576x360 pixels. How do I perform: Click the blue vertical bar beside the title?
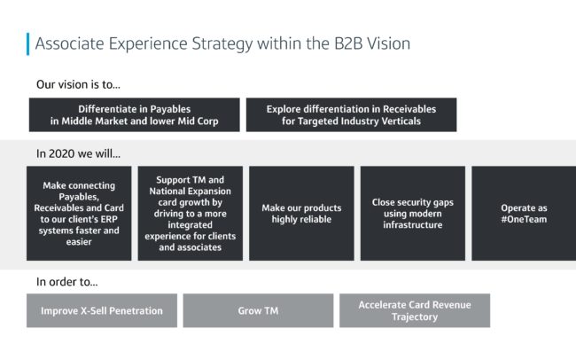(x=28, y=44)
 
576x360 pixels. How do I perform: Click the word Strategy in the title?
(x=222, y=44)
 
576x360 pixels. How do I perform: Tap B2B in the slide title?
(x=348, y=43)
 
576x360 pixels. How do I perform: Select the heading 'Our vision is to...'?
(x=78, y=84)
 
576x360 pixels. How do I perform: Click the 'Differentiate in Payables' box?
(x=135, y=114)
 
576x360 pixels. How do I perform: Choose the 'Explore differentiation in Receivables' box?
(x=351, y=114)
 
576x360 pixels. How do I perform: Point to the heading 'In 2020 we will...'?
(x=78, y=153)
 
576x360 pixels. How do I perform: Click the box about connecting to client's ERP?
(x=79, y=214)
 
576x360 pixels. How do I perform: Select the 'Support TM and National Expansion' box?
(x=191, y=214)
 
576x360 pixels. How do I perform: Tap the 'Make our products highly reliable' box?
(x=301, y=214)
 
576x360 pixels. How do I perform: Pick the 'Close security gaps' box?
(x=413, y=214)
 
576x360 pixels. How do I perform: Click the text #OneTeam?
(x=525, y=219)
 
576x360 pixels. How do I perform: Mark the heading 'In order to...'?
(x=66, y=282)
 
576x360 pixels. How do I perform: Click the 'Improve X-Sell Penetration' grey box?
(x=102, y=310)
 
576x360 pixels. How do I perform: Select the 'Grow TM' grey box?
(x=258, y=310)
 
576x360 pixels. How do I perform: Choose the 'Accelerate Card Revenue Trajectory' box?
(x=415, y=310)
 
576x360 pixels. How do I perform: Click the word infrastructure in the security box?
(x=413, y=224)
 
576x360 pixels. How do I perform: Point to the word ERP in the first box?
(x=109, y=219)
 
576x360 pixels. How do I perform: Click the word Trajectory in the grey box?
(x=415, y=317)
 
